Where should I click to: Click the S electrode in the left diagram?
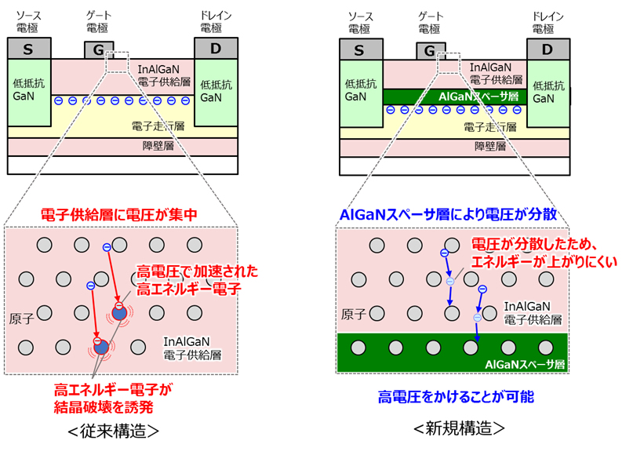point(28,49)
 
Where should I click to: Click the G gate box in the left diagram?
point(99,50)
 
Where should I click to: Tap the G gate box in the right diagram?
point(429,51)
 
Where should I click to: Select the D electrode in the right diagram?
point(547,49)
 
